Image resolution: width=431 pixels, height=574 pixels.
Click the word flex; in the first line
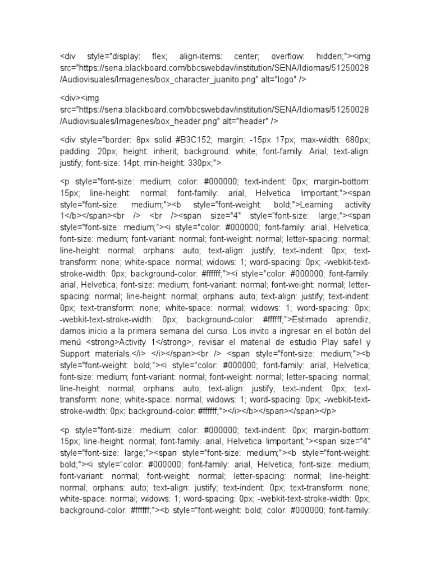coord(159,57)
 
